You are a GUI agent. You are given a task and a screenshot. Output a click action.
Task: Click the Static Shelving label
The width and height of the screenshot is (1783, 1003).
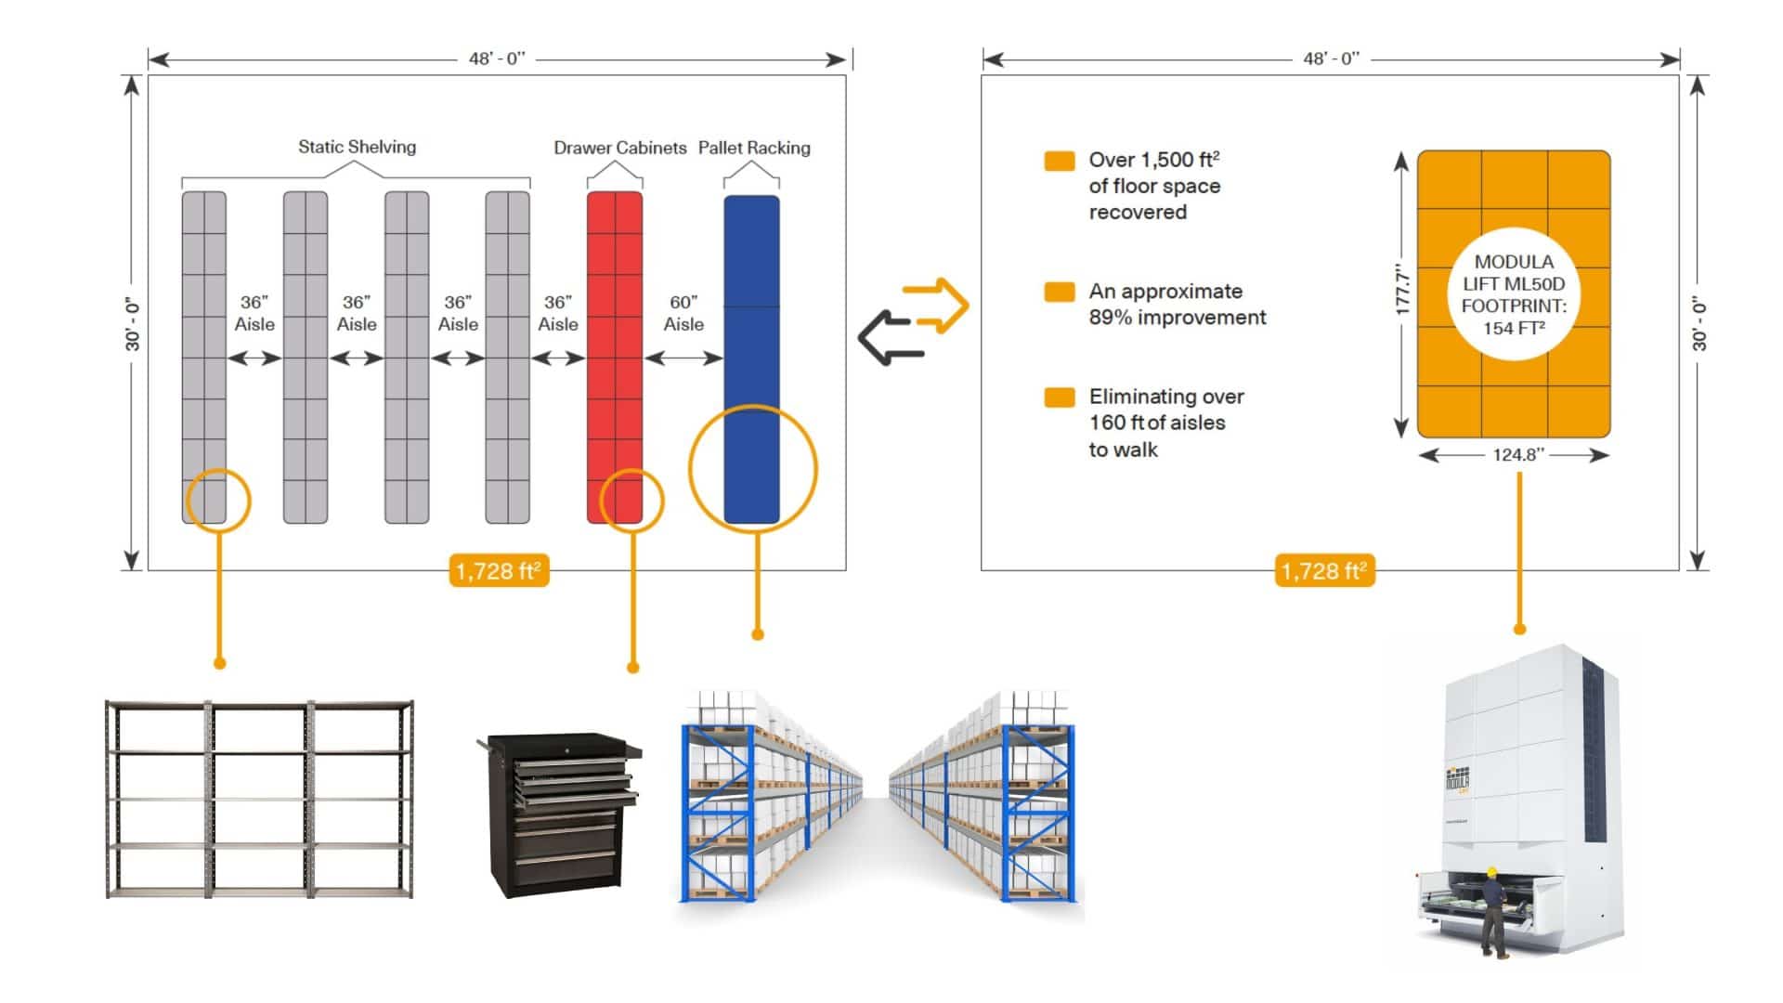point(357,147)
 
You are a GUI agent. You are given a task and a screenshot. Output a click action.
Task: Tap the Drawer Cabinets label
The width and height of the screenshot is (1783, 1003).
point(619,148)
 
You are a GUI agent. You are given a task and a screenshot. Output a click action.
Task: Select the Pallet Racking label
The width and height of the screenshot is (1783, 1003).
point(753,148)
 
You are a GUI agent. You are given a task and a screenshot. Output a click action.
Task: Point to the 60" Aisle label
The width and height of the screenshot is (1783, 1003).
point(683,313)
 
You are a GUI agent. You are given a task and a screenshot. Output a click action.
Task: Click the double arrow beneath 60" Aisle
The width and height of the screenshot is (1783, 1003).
point(683,358)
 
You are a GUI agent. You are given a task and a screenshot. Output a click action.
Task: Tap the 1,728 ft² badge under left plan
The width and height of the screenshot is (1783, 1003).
point(500,570)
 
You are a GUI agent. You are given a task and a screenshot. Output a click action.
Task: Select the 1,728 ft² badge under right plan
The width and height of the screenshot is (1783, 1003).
point(1324,570)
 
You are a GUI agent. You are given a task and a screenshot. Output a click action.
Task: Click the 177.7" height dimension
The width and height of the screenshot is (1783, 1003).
point(1403,293)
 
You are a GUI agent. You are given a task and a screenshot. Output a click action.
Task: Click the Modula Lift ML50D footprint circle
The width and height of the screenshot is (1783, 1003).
point(1514,294)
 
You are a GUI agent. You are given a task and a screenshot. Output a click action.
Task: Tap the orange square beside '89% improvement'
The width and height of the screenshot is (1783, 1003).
point(1060,292)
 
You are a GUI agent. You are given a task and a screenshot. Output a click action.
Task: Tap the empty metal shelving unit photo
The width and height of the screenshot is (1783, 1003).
point(259,799)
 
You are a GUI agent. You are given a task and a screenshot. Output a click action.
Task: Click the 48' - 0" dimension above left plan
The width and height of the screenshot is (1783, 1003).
point(497,59)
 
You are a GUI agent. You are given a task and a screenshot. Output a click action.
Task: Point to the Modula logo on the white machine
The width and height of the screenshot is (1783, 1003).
point(1457,779)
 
